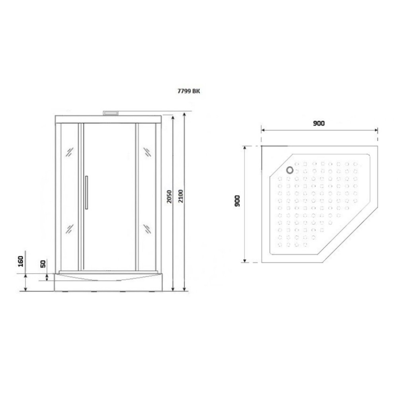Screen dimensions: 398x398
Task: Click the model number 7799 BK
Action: point(189,91)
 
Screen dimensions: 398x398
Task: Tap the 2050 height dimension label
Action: point(169,196)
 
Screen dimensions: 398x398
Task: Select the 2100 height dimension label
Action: point(181,196)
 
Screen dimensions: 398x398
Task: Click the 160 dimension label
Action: point(21,261)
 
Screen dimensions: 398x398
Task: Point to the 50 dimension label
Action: point(43,264)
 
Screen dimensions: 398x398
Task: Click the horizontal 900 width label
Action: point(318,123)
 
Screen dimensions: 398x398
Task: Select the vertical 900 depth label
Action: point(237,201)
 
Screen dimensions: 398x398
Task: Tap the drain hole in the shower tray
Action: point(290,170)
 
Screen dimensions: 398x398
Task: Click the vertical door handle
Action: point(86,192)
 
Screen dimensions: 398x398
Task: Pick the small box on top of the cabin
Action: point(111,113)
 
